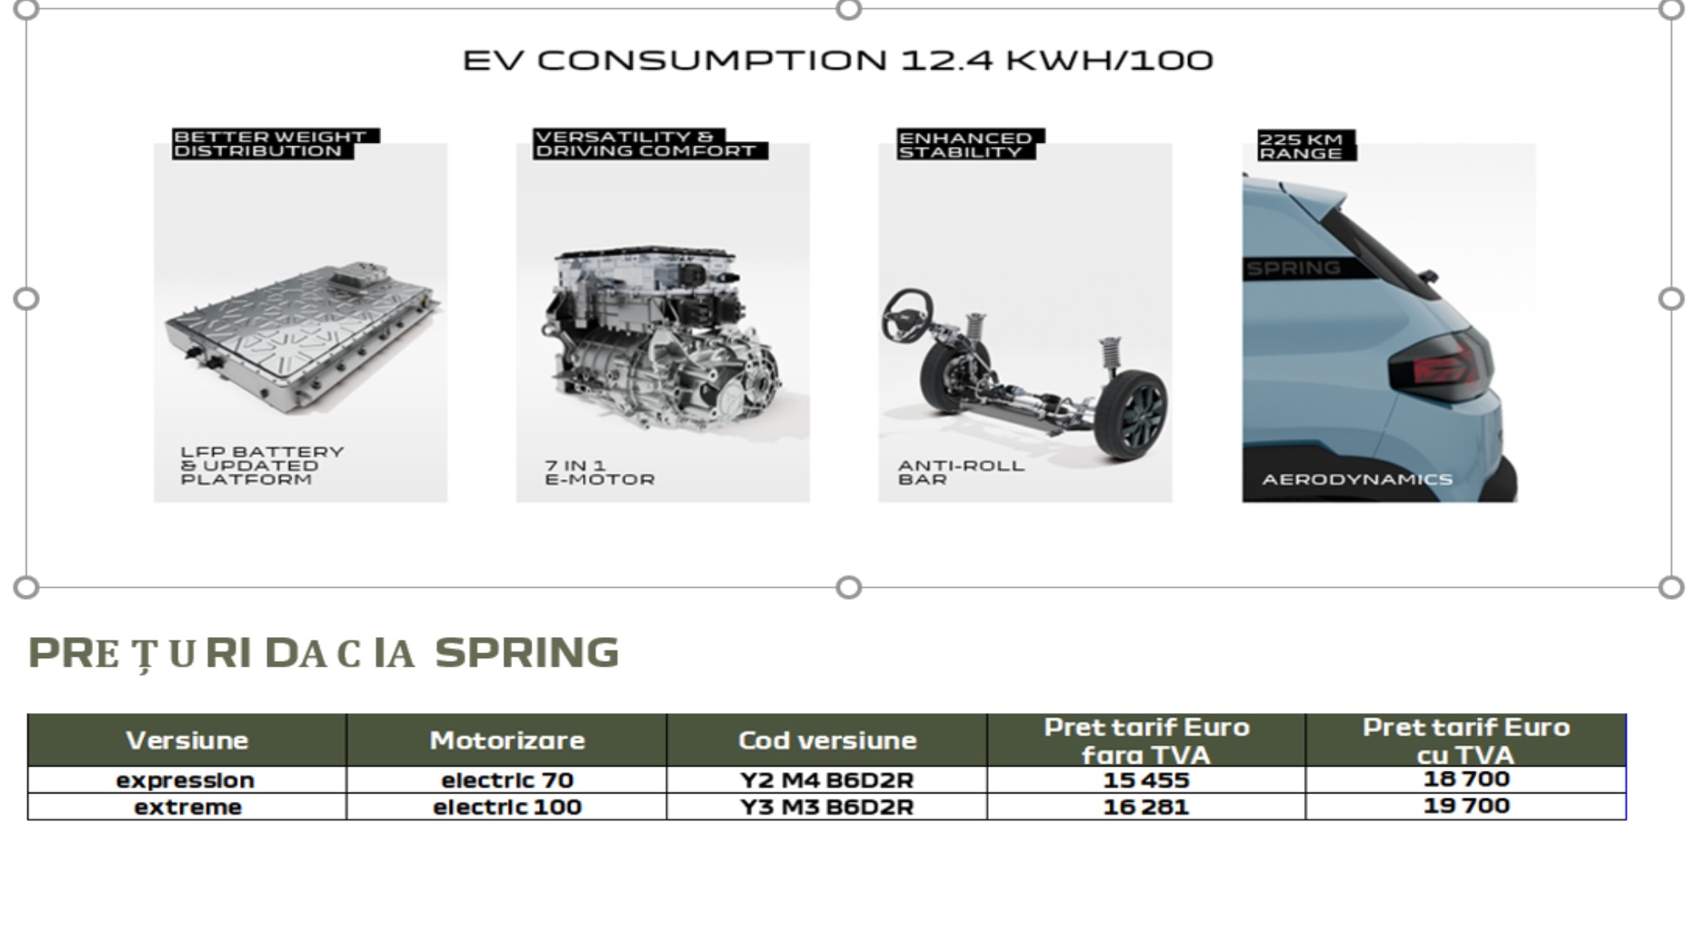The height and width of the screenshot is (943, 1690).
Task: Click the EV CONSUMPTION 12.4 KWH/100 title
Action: (x=837, y=61)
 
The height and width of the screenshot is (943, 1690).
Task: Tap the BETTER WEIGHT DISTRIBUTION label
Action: (x=270, y=144)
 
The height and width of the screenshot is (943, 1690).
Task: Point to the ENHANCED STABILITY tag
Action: (x=968, y=144)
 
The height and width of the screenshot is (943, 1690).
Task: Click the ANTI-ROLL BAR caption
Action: (x=961, y=472)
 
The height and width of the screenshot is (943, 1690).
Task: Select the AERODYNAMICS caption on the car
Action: (x=1357, y=479)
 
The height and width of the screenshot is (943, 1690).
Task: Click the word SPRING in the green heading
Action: (x=527, y=653)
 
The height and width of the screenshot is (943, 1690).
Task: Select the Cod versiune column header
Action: (x=827, y=740)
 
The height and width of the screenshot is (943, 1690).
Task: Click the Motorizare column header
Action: (x=507, y=740)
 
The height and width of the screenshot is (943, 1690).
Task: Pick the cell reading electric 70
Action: (x=507, y=780)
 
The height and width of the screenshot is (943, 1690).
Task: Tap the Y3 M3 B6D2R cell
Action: (x=827, y=807)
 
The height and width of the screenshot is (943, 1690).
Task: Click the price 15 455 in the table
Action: (x=1146, y=780)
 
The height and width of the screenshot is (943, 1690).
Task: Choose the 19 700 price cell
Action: (x=1466, y=805)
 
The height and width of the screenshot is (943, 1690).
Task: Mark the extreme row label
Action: (x=188, y=807)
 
